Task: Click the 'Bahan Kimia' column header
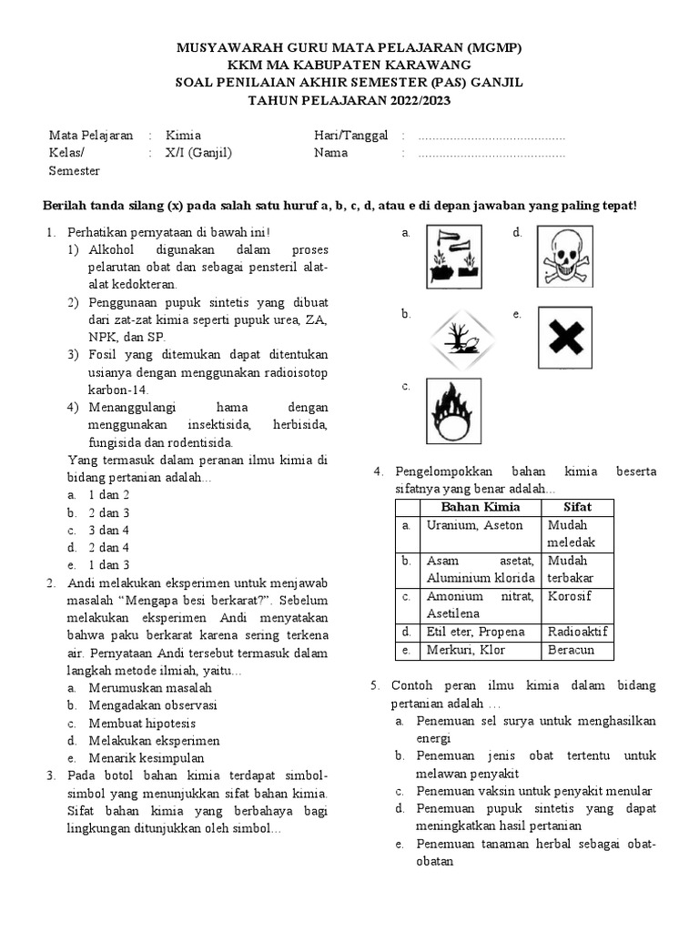coord(480,506)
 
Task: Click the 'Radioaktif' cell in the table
coord(577,632)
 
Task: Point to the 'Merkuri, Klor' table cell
coord(465,650)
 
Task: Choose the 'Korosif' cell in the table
coord(570,596)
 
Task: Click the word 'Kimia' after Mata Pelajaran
coord(183,135)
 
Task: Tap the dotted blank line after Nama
coord(491,154)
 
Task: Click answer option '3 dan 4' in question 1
coord(108,530)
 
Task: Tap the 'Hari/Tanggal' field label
coord(350,135)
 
